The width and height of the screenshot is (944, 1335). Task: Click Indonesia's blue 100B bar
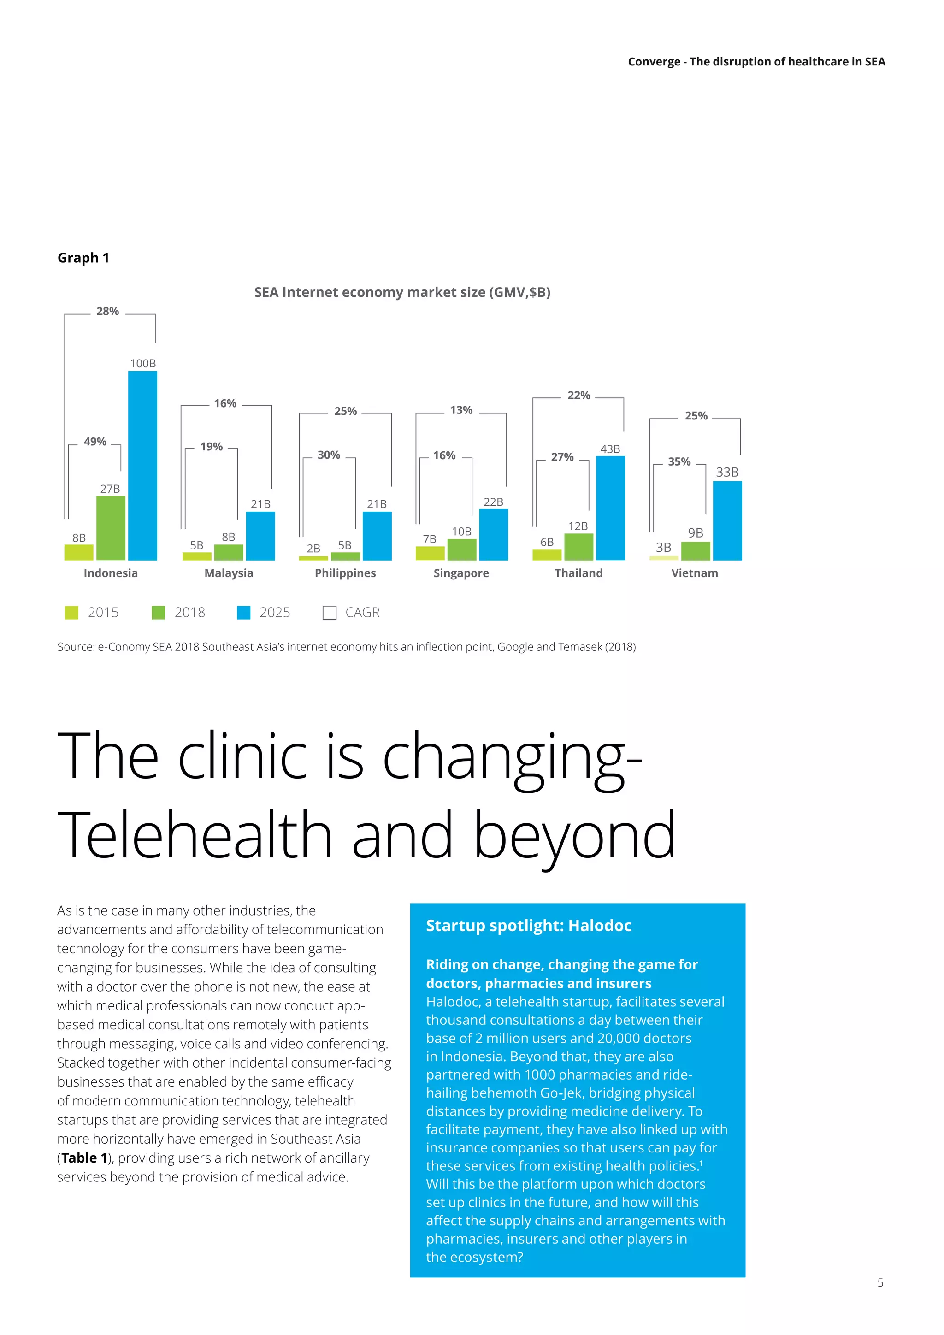tap(142, 465)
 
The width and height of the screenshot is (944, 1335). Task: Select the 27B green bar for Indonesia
tap(111, 528)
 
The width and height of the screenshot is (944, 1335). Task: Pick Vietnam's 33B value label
tap(727, 472)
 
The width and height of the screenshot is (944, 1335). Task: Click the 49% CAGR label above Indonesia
tap(95, 442)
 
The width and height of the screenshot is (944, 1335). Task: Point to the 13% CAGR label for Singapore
tap(461, 410)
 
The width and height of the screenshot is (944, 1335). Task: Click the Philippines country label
tap(345, 573)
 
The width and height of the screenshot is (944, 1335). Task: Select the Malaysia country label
tap(229, 573)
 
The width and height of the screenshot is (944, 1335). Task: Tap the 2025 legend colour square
tap(244, 613)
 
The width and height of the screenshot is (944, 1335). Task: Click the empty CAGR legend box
tap(330, 613)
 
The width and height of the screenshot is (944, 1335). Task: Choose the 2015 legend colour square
tap(71, 613)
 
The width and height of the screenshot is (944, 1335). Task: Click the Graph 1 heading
tap(83, 258)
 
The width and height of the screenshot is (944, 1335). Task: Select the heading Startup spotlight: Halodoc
tap(528, 926)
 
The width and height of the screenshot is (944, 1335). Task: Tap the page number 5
tap(880, 1282)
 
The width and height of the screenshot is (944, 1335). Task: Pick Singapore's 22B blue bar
tap(494, 534)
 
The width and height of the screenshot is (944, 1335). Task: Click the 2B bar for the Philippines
tap(313, 558)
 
